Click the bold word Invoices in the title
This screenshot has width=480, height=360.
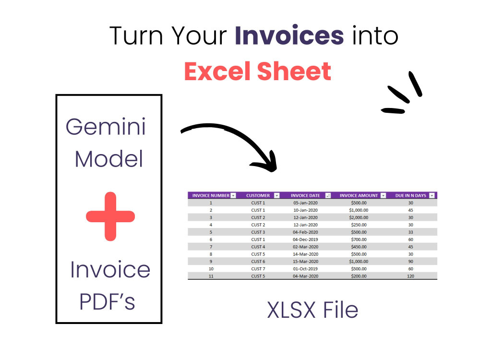tap(289, 36)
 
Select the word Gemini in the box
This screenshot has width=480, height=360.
tap(106, 127)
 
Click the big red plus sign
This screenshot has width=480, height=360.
tap(110, 216)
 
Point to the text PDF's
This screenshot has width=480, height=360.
tap(107, 301)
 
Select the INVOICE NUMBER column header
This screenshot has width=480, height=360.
tap(211, 196)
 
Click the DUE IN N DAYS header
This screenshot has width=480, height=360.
tap(410, 196)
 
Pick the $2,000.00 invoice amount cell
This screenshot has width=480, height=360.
tap(359, 217)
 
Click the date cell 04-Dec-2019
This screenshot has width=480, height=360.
tap(306, 240)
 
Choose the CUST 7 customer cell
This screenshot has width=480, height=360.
tap(258, 269)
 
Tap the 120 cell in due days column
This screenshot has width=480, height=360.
tap(411, 276)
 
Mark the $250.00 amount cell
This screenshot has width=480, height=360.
tap(359, 225)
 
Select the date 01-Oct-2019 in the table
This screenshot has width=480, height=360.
tap(306, 269)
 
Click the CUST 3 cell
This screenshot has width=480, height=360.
tap(258, 232)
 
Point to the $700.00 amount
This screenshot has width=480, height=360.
tap(359, 240)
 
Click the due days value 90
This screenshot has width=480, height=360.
tap(411, 261)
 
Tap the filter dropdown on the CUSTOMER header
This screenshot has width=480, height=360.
tap(276, 196)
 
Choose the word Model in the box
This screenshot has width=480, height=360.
tap(109, 159)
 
